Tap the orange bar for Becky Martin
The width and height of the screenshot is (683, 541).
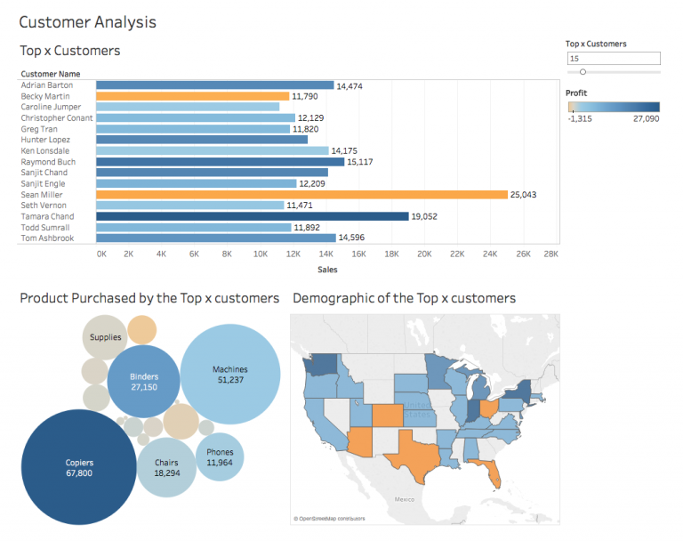point(192,96)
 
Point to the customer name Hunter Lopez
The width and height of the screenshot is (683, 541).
point(44,140)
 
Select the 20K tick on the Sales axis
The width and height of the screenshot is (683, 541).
point(424,254)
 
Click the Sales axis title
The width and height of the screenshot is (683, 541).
point(327,269)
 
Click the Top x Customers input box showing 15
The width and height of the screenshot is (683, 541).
point(613,59)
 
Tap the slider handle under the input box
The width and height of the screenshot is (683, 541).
point(583,72)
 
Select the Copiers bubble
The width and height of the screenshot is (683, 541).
point(79,467)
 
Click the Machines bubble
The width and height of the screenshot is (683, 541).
point(229,374)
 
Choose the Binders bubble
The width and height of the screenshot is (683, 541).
point(143,382)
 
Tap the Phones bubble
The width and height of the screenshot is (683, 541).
point(220,457)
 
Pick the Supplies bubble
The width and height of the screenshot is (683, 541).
point(106,337)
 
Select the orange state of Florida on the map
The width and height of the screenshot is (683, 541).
point(489,472)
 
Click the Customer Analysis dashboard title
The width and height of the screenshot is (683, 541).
point(87,21)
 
